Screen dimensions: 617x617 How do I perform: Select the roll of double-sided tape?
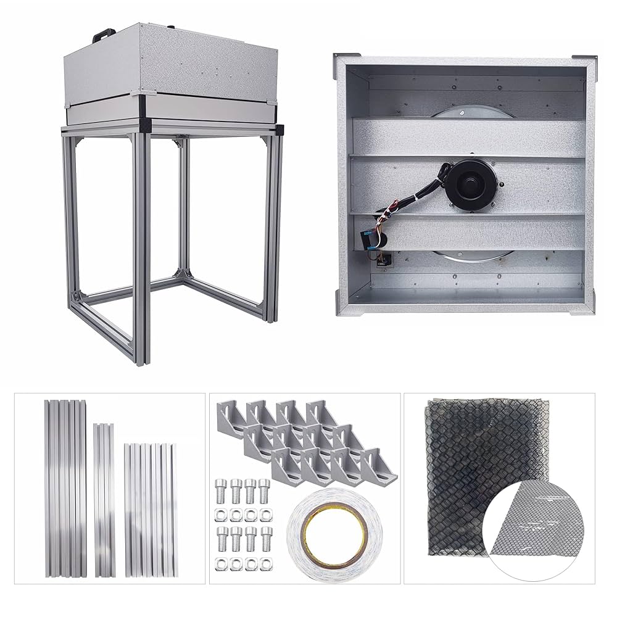point(334,534)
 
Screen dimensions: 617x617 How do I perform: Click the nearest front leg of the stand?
point(140,247)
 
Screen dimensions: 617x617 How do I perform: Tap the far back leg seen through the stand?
point(183,204)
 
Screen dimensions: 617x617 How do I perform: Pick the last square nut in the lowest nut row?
point(265,562)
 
